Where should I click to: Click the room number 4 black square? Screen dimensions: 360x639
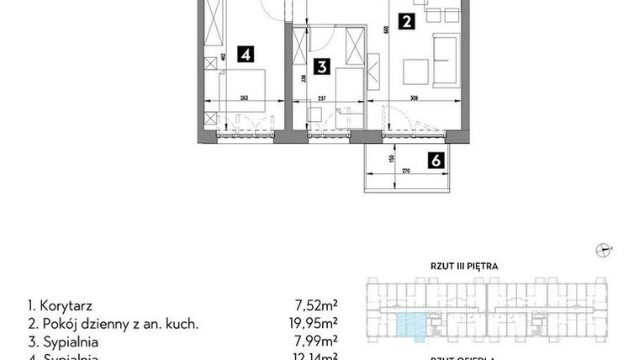point(246,55)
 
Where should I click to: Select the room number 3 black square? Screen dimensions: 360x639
point(320,66)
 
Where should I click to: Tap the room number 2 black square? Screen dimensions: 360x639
point(406,23)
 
